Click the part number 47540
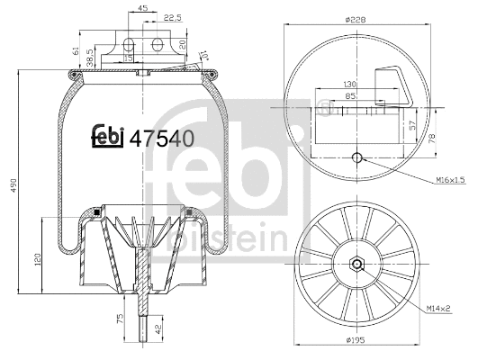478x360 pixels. click(162, 139)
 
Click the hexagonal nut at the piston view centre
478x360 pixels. click(358, 265)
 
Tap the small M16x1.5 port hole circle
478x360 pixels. click(358, 159)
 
